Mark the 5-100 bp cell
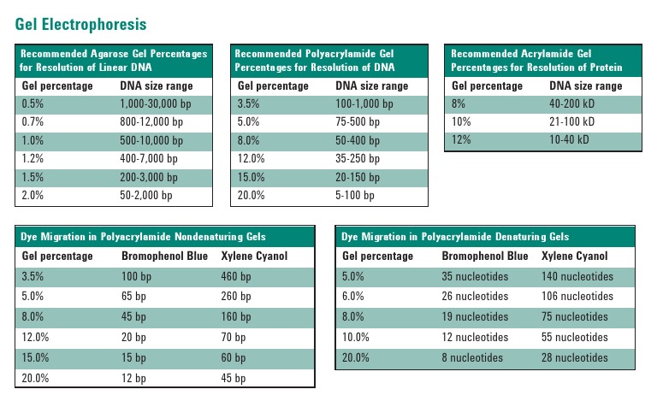(x=355, y=196)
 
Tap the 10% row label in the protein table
(x=461, y=122)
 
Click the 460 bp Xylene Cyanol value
(x=236, y=276)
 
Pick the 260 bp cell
(x=236, y=296)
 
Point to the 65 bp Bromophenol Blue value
(x=133, y=296)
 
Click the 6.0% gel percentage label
(x=354, y=296)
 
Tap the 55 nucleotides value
(x=575, y=337)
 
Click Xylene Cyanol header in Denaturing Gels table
(x=575, y=256)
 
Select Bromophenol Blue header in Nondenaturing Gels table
(x=163, y=256)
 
